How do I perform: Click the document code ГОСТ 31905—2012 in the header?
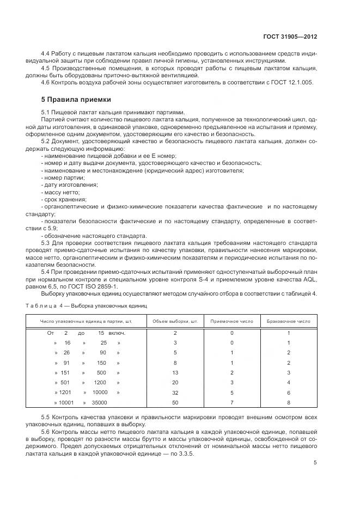click(290, 36)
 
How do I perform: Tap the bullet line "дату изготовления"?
click(69, 185)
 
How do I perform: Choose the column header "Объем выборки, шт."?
click(175, 321)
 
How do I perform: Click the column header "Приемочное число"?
click(231, 321)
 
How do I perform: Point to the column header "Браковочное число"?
click(288, 321)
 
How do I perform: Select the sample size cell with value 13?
click(175, 372)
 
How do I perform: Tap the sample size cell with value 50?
click(175, 402)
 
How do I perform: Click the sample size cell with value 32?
click(175, 393)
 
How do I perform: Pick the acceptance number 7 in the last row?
click(231, 402)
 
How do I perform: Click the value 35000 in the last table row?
click(99, 402)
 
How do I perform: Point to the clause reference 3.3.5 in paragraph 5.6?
click(187, 453)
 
